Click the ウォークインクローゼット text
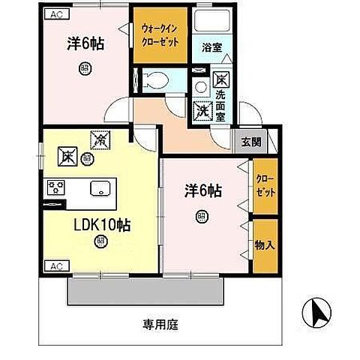click(x=160, y=35)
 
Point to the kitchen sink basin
click(x=100, y=188)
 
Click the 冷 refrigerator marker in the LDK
click(x=98, y=139)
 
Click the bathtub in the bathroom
click(x=209, y=22)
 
